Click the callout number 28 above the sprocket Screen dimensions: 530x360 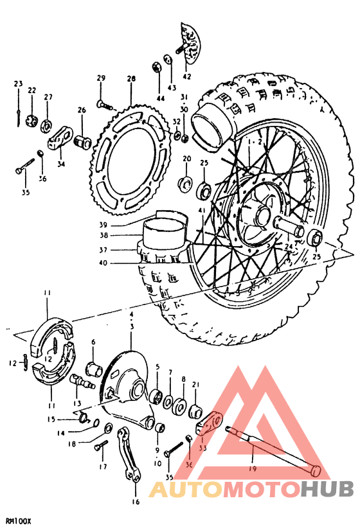[x=131, y=78]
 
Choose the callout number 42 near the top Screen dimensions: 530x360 [x=187, y=76]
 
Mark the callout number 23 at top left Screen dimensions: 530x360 [x=18, y=84]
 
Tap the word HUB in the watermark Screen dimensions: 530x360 [x=327, y=489]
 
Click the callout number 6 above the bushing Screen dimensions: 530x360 [x=93, y=342]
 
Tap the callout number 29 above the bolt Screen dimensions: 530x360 [x=101, y=78]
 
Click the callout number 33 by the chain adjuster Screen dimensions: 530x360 [x=203, y=448]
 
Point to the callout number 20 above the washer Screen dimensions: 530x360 [x=186, y=158]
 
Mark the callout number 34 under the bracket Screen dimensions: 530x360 [x=61, y=164]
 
